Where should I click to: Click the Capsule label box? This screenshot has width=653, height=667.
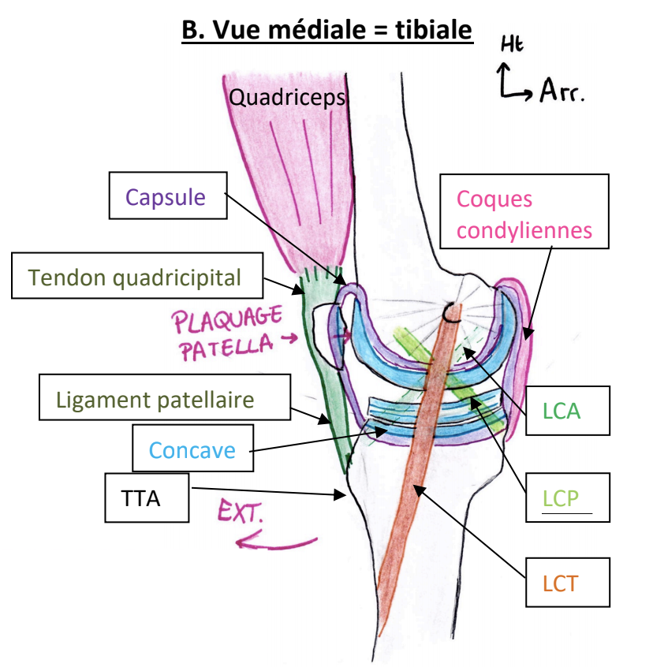[167, 196]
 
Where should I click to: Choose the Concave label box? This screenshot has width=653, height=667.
[192, 450]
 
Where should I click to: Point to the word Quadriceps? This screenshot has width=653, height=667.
[287, 98]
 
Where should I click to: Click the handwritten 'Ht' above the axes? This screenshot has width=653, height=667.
[512, 45]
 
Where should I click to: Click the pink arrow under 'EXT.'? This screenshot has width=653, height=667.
[275, 543]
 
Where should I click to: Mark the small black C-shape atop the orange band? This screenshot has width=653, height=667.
[452, 313]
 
